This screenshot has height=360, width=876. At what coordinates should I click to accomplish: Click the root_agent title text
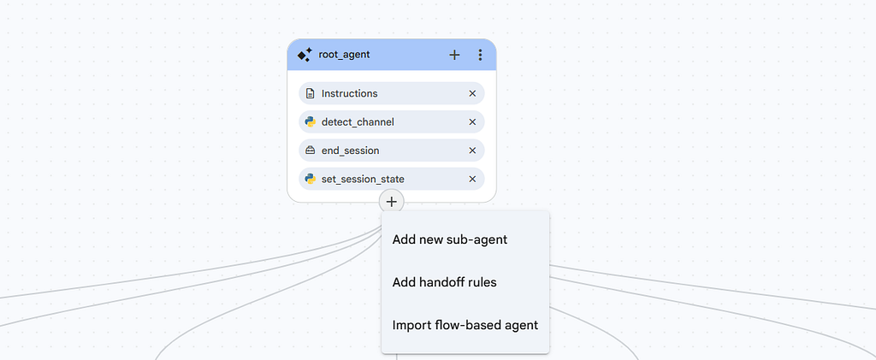coord(344,55)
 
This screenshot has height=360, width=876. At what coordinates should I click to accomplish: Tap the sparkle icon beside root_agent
coord(305,55)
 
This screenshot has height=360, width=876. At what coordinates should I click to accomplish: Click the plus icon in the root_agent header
coord(455,55)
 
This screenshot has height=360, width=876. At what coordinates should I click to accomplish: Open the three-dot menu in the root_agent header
coord(480,55)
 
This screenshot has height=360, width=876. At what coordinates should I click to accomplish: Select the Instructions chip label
coord(350,93)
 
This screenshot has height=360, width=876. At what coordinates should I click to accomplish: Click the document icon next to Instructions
coord(310,93)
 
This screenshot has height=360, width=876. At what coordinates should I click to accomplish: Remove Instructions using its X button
coord(472,93)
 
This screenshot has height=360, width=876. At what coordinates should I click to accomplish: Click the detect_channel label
coord(358,121)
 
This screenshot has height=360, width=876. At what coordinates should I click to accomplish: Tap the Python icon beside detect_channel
coord(310,121)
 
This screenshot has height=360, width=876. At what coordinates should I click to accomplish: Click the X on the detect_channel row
coord(472,121)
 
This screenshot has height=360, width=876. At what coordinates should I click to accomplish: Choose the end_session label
coord(350,150)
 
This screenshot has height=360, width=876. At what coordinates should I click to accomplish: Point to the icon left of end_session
coord(310,150)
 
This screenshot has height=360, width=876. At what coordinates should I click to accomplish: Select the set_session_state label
coord(363,180)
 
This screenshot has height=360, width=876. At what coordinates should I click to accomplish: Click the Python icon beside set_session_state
coord(310,180)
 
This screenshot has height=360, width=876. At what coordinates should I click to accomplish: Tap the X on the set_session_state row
coord(472,180)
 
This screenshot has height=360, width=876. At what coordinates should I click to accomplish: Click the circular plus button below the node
coord(392,202)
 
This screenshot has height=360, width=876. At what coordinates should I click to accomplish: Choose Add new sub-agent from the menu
coord(450,239)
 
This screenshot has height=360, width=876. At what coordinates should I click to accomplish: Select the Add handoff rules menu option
coord(444,282)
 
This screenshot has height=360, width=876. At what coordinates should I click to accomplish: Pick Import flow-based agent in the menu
coord(465,325)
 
